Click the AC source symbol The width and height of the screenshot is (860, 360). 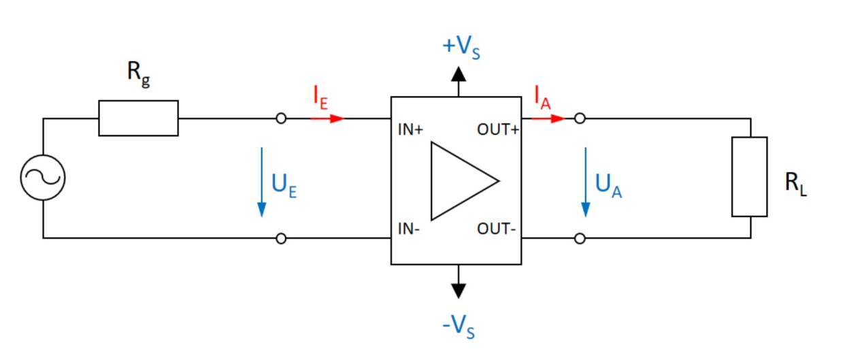coord(43,178)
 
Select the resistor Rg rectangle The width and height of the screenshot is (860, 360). coord(138,118)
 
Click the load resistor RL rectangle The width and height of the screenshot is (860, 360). coord(750,177)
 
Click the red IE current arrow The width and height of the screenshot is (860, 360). coord(328,118)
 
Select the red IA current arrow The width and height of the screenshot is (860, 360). coord(548,118)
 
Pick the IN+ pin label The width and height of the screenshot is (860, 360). coord(411,130)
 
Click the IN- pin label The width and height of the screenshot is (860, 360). coord(409,229)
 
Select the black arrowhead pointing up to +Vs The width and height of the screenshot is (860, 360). coord(459,74)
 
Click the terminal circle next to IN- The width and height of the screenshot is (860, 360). coord(281,238)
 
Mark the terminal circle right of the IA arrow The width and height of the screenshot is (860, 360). coord(579,118)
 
